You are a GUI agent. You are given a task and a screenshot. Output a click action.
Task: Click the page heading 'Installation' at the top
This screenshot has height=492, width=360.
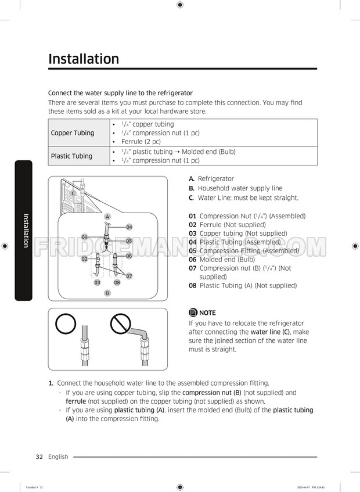84,59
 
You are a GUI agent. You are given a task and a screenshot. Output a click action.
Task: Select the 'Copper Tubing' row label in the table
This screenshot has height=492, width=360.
73,133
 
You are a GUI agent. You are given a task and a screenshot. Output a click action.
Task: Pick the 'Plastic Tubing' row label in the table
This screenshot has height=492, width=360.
71,156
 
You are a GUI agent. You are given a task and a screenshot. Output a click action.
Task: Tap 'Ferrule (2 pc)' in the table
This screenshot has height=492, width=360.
141,142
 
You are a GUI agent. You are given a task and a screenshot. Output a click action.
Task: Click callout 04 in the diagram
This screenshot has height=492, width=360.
129,227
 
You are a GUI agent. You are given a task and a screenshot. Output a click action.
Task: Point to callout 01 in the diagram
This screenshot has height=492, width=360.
84,237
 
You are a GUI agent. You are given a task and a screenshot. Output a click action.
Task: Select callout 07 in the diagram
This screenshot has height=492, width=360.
129,276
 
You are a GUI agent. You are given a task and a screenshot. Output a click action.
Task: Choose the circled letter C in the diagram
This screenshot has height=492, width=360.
73,193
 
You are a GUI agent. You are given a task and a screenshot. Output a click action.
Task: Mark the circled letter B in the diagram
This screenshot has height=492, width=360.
107,293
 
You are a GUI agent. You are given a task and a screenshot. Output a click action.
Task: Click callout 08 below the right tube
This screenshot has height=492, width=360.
117,282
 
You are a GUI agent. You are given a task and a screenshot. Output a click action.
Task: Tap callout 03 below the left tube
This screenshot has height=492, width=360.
98,282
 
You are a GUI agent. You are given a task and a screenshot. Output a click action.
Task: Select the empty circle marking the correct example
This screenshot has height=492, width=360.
67,325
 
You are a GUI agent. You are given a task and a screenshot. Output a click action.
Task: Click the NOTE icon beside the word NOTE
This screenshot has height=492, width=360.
193,313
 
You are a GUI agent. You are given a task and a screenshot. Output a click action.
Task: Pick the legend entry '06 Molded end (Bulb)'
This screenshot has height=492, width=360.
221,260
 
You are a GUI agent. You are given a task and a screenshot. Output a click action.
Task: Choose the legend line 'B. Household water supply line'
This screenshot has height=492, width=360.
235,188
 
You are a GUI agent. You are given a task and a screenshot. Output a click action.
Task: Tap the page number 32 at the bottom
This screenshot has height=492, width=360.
39,457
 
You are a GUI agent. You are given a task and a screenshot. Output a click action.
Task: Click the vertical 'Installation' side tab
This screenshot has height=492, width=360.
25,230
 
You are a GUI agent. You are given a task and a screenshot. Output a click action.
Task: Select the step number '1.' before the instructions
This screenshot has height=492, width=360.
51,383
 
